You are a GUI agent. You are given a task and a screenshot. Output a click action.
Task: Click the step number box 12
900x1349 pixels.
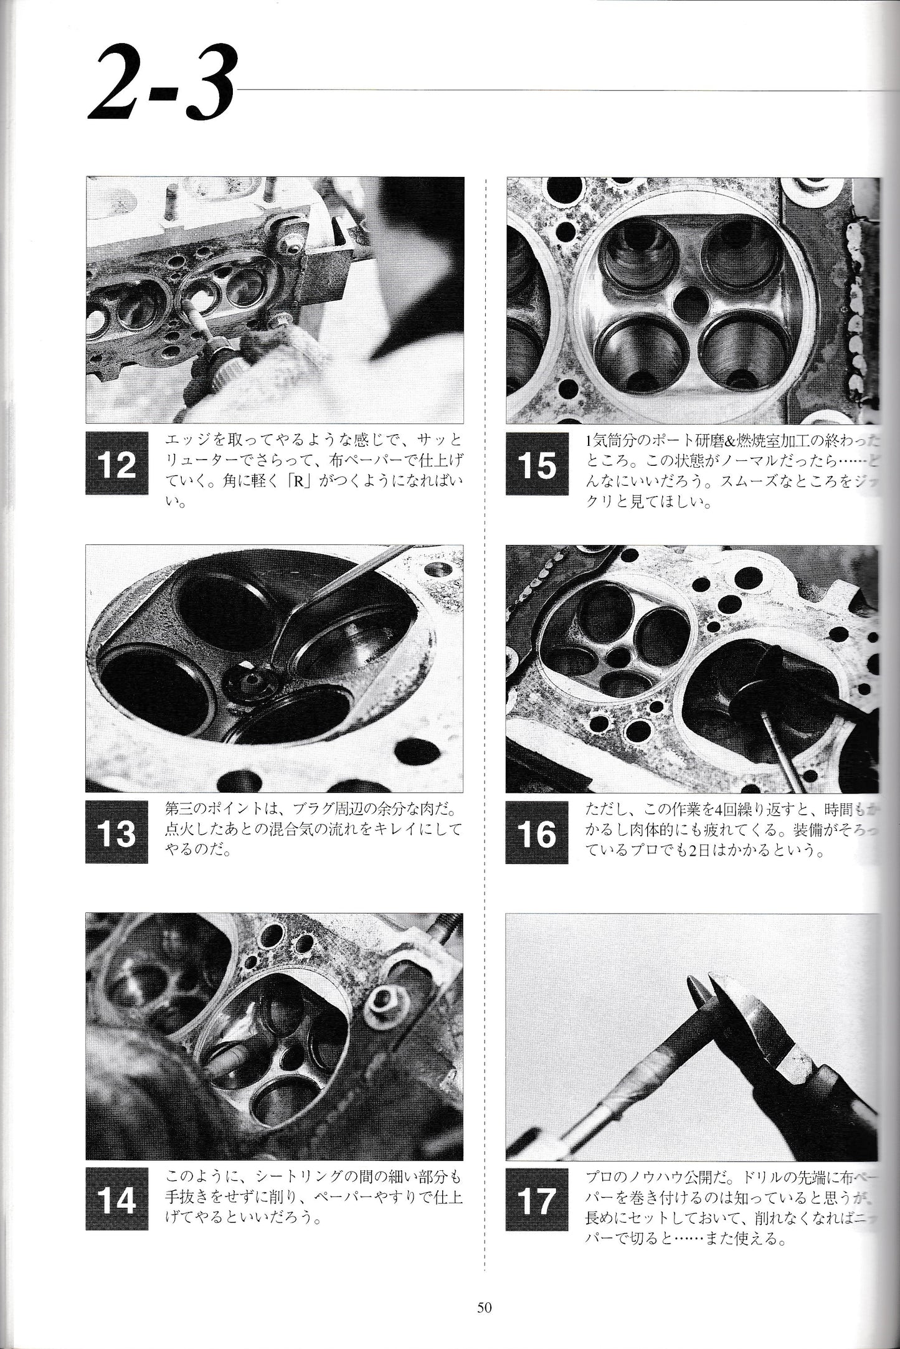(117, 465)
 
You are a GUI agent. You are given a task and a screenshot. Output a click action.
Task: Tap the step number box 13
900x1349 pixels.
(117, 832)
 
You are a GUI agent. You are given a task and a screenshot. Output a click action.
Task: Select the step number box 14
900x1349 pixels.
(117, 1200)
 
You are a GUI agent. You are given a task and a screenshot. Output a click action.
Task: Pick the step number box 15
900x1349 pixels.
(537, 465)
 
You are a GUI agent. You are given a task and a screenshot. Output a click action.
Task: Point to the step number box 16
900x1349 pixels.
(537, 832)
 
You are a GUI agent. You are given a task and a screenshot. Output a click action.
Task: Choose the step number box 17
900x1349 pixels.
(537, 1200)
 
